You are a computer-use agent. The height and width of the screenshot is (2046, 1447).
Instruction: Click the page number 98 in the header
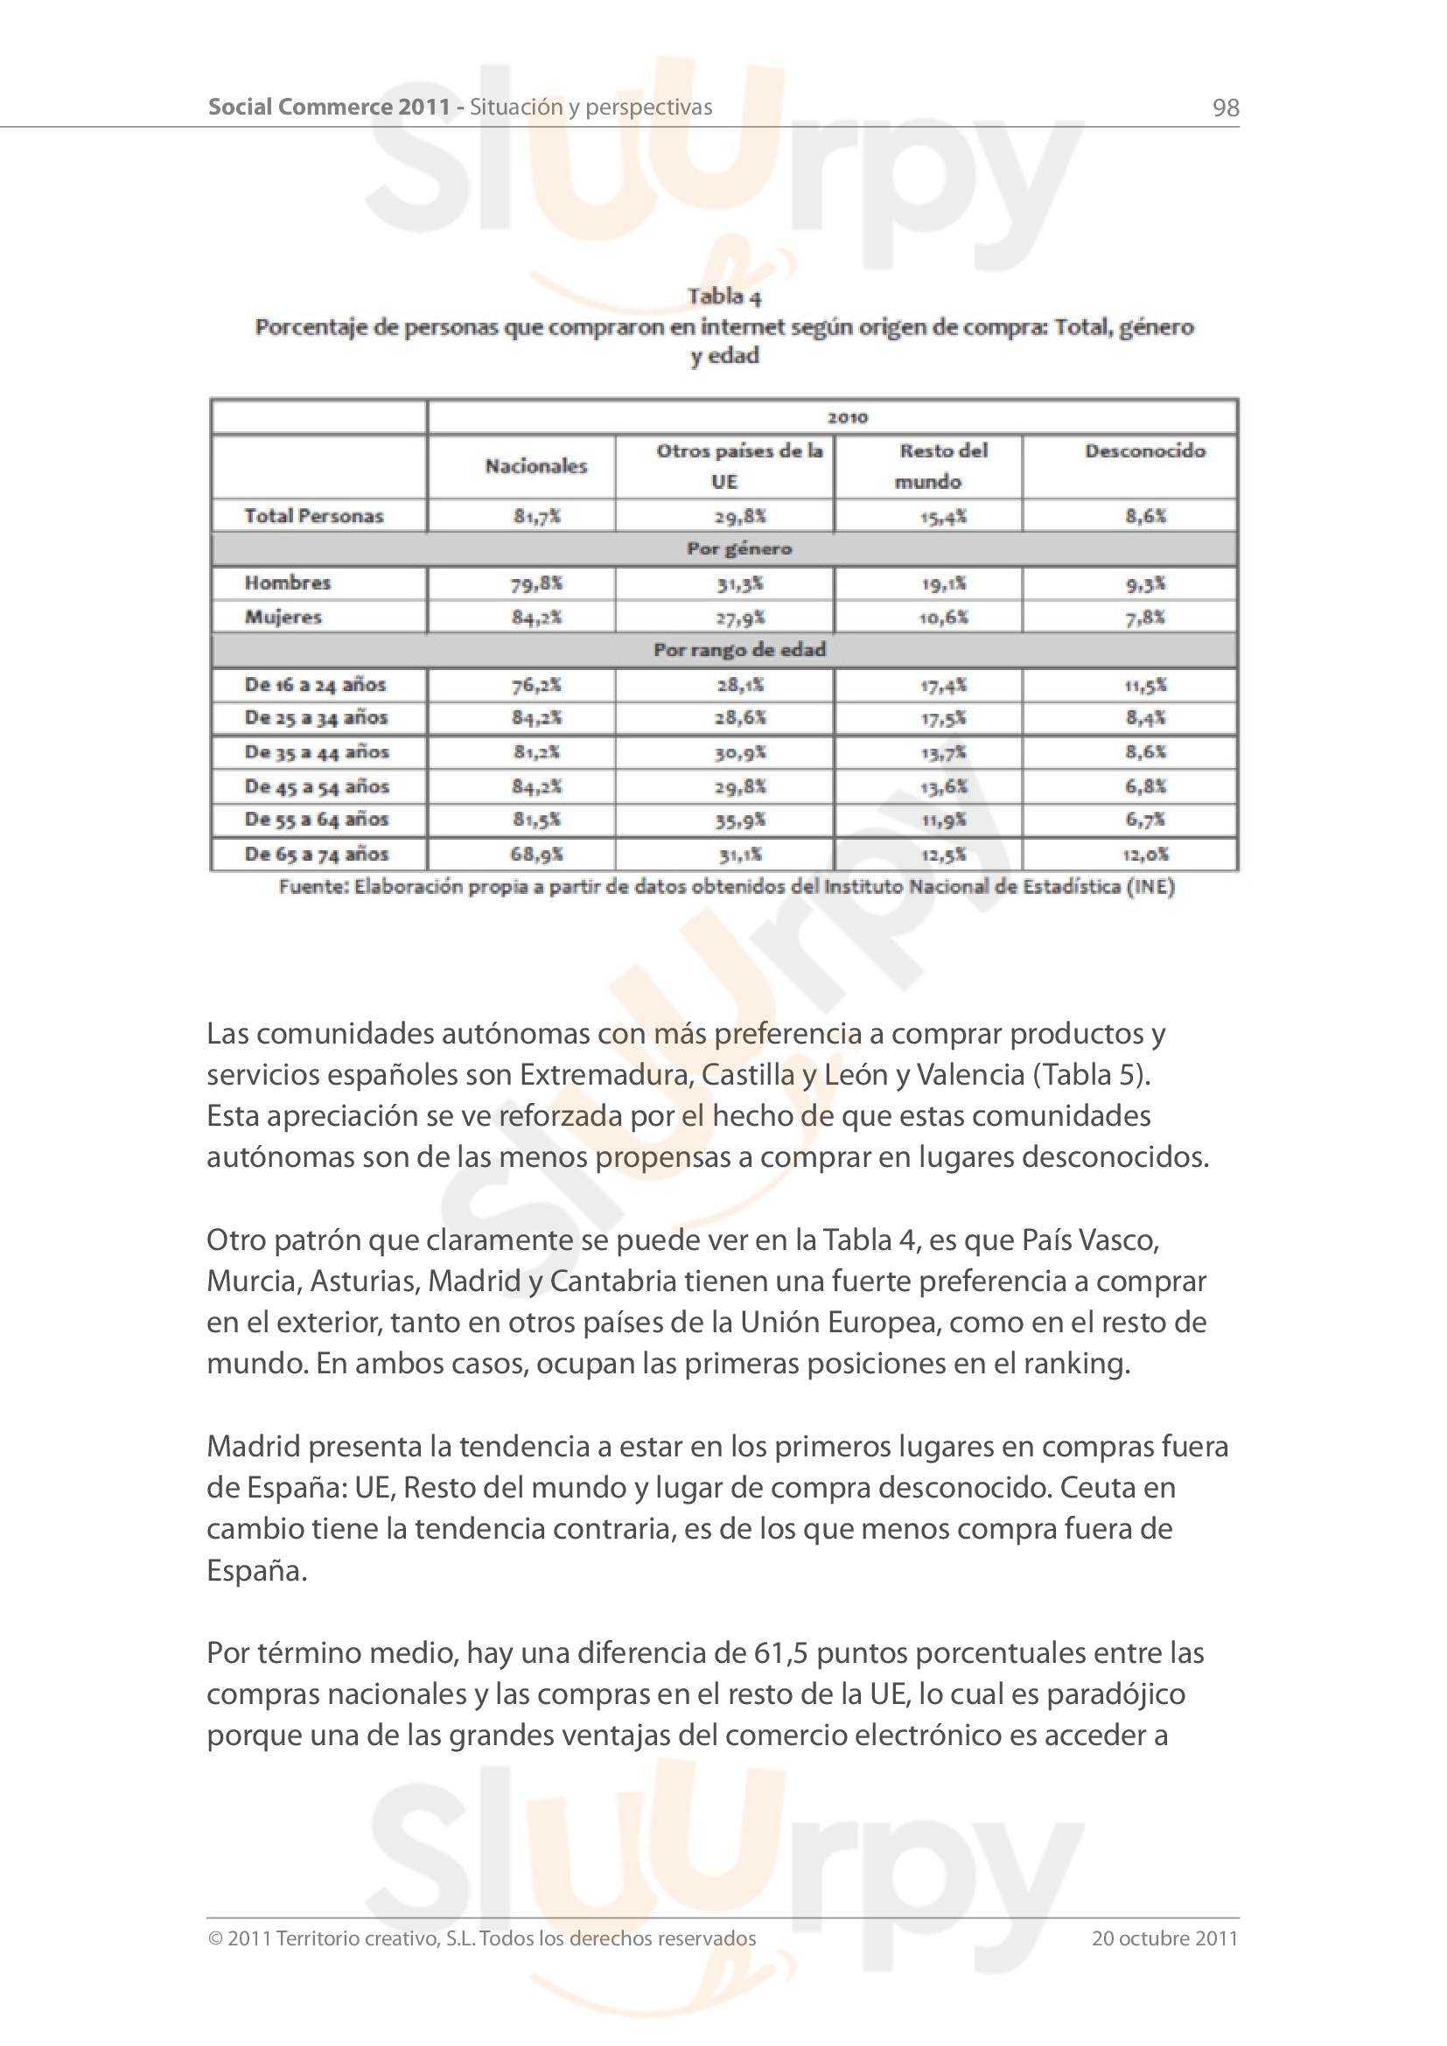pos(1225,108)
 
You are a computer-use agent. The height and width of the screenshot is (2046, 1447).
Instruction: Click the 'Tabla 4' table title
pos(723,296)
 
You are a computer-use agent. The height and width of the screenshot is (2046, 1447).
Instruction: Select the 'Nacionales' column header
pos(535,466)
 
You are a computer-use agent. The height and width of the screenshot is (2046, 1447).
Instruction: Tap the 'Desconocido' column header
pos(1145,450)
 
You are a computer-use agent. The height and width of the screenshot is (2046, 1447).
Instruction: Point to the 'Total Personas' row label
pos(314,516)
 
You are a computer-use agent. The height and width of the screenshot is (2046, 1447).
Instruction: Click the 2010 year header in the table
pos(847,417)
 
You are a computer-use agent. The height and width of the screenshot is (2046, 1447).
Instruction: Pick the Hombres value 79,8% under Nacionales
pos(535,583)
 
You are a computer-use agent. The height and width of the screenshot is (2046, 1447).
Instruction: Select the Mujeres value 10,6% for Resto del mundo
pos(944,617)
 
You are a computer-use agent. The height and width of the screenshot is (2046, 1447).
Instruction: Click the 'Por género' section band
pos(738,549)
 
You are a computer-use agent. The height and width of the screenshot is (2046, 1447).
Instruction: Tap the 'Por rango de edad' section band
pos(738,650)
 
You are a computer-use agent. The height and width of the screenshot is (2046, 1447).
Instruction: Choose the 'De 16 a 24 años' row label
pos(315,684)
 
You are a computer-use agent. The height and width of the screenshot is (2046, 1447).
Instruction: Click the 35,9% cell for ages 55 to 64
pos(739,820)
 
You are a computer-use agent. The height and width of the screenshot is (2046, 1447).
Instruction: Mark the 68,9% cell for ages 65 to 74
pos(535,854)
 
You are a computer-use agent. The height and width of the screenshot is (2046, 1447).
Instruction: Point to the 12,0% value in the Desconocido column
pos(1145,854)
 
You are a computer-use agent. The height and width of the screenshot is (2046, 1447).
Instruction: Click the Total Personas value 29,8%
pos(739,516)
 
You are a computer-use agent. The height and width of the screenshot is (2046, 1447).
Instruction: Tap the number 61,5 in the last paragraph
pos(780,1653)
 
